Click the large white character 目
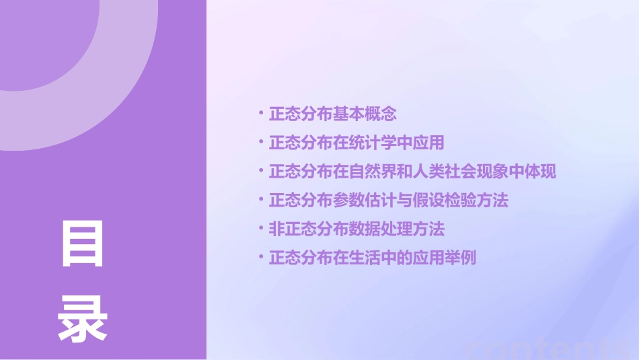coord(83,244)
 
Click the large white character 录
coord(83,319)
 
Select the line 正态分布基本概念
coord(332,114)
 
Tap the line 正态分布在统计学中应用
coord(356,143)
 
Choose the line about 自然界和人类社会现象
coord(412,172)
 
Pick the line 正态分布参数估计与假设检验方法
coord(388,201)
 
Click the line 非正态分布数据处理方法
coord(356,229)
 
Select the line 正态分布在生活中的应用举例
coord(372,258)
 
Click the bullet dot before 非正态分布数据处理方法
coord(261,227)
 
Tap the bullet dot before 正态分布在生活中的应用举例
coord(261,256)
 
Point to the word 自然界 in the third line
coord(372,172)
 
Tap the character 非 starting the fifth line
coord(276,229)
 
